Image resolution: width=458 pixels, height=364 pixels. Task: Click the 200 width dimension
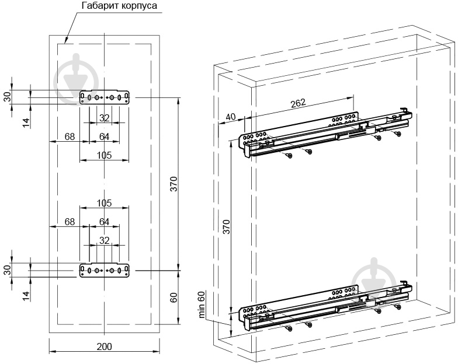pos(104,346)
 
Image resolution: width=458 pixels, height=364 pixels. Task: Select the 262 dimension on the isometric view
pos(298,103)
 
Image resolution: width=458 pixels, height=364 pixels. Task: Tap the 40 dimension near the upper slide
pos(230,117)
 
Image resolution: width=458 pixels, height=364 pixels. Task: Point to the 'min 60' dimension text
pos(202,304)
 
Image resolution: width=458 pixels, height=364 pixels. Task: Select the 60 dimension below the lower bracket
pos(174,297)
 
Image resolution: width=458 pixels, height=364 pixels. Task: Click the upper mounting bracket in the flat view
pos(105,98)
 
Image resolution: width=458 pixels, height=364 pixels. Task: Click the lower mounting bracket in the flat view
pos(105,270)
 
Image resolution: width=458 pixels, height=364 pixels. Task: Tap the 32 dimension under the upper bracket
pos(105,118)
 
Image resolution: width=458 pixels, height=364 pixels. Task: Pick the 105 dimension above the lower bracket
pos(105,202)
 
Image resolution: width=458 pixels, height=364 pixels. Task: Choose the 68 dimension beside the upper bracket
pos(70,136)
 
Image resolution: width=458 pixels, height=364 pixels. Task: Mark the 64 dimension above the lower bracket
pos(105,222)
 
